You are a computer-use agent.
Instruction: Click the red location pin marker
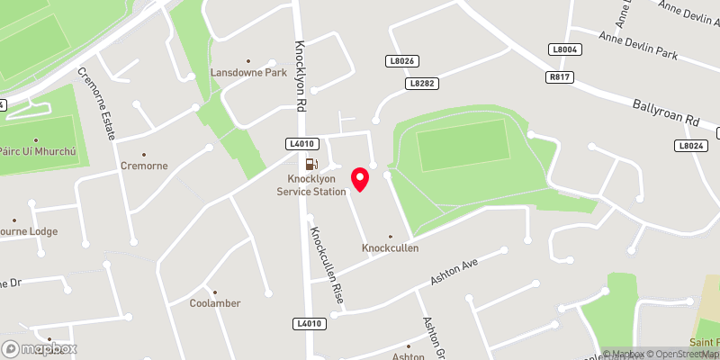point(361,178)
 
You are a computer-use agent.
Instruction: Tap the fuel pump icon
point(310,164)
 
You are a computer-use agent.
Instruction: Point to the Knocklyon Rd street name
point(301,77)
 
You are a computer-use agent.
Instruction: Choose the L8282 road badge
point(421,83)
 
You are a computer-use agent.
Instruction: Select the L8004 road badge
point(565,49)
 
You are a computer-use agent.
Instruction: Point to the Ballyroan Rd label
point(666,113)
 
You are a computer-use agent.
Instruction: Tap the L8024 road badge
point(690,145)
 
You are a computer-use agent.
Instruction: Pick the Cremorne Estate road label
point(95,103)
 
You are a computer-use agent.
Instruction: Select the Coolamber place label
point(215,303)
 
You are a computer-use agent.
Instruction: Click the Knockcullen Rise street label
point(324,265)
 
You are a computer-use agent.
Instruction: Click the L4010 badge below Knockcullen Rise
point(307,323)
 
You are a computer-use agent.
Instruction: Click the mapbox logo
point(40,348)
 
